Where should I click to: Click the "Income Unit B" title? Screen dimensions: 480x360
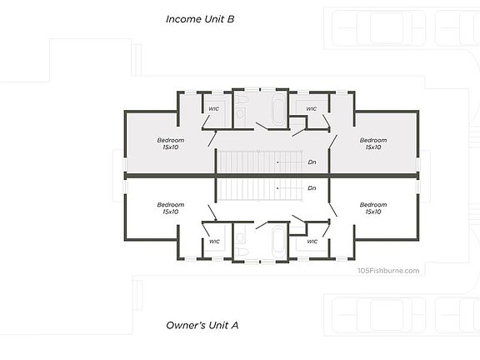(x=200, y=19)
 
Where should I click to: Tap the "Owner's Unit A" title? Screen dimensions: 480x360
(x=202, y=325)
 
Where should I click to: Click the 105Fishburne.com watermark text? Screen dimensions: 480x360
(x=388, y=271)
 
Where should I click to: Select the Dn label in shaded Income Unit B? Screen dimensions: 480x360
(x=312, y=162)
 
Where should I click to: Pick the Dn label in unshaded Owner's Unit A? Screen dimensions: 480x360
(x=312, y=188)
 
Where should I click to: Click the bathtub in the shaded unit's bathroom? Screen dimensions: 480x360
(x=278, y=111)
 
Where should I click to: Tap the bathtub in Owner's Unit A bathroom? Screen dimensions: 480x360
(x=278, y=240)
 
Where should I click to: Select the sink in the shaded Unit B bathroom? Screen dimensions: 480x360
(x=240, y=114)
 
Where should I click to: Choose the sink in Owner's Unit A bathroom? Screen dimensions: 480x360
(x=240, y=237)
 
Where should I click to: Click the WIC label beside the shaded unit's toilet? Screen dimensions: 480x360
(x=213, y=109)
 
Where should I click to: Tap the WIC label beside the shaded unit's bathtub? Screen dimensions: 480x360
(x=312, y=109)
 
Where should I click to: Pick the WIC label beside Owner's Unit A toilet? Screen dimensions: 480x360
(x=214, y=242)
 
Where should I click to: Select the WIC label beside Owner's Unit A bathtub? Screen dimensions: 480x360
(x=312, y=242)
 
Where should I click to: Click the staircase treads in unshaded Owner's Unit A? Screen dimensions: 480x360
(x=260, y=190)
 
